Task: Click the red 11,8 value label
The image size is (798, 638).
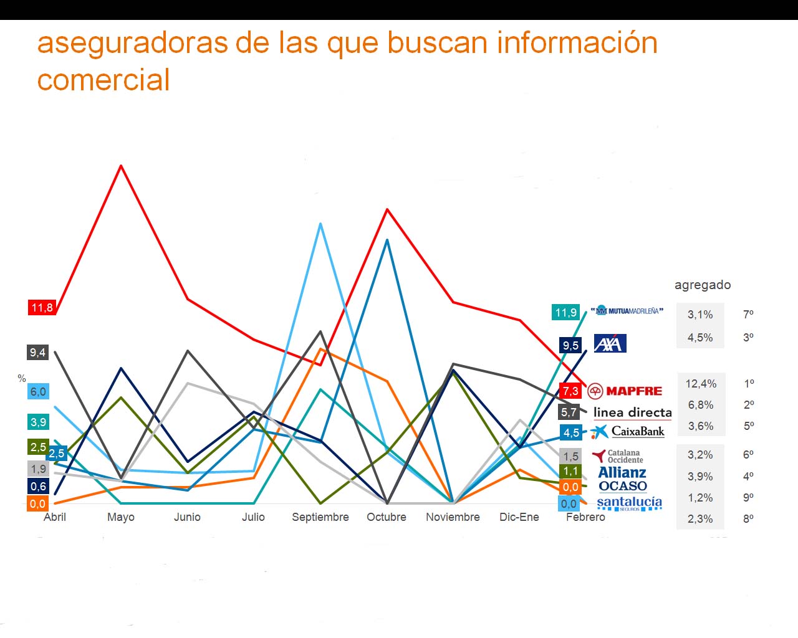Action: click(42, 307)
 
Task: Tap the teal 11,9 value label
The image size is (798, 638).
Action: click(566, 312)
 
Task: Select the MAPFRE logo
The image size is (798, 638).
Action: click(625, 391)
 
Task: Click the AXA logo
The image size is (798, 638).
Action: click(610, 343)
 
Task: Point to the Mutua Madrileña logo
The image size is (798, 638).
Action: click(627, 310)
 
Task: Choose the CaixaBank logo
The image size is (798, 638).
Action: click(628, 431)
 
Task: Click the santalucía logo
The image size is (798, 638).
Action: click(629, 503)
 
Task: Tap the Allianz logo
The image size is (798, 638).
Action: click(622, 472)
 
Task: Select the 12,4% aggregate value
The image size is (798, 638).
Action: click(701, 384)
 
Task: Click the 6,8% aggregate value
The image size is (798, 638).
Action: click(701, 405)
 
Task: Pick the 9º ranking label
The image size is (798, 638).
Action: click(748, 497)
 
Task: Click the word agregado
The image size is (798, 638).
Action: click(703, 285)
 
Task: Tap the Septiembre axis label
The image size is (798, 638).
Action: click(320, 517)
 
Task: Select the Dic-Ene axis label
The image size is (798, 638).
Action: click(519, 517)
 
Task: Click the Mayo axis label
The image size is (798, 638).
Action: click(121, 517)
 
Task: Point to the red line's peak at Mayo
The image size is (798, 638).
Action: click(121, 166)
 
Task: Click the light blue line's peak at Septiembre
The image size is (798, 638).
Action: click(320, 224)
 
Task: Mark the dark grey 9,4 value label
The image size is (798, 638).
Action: click(37, 353)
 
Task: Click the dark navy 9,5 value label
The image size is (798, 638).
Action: click(570, 345)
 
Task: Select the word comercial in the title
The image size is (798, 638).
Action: click(103, 80)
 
